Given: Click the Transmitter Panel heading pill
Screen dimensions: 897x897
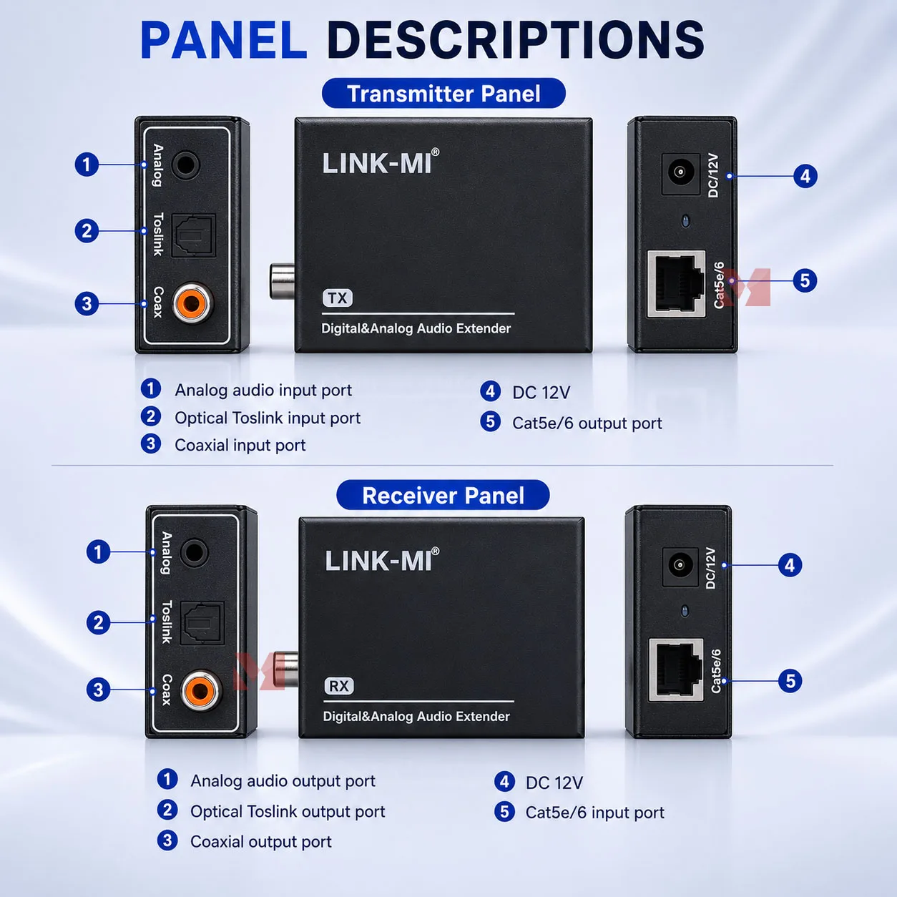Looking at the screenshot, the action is click(443, 93).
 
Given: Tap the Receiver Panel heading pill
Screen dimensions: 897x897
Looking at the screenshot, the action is click(443, 495).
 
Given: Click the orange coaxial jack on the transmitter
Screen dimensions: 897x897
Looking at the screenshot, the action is click(192, 303).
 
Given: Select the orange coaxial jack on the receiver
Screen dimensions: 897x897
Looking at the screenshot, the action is click(201, 690).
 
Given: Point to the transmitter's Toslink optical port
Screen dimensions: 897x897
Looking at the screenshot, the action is click(193, 235).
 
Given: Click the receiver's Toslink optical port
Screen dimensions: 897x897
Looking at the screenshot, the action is click(202, 622).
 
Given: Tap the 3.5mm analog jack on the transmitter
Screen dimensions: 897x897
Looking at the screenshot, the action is click(185, 165).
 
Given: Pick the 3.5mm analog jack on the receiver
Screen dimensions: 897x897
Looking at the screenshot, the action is click(194, 552).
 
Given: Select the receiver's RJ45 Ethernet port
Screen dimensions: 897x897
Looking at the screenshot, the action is click(676, 670).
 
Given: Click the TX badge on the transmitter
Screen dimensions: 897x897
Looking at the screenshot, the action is click(338, 298).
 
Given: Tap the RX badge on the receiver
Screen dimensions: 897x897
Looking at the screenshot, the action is click(339, 686).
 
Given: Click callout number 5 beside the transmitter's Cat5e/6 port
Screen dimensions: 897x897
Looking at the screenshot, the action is click(805, 280).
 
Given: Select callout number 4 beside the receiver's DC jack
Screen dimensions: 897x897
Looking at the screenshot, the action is click(790, 565).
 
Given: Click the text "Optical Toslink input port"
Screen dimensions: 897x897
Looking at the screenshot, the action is click(268, 418).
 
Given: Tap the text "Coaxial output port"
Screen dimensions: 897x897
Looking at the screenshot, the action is click(261, 842).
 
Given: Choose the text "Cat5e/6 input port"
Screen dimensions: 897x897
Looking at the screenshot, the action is click(595, 813).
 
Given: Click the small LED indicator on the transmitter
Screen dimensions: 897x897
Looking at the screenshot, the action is click(685, 221).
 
